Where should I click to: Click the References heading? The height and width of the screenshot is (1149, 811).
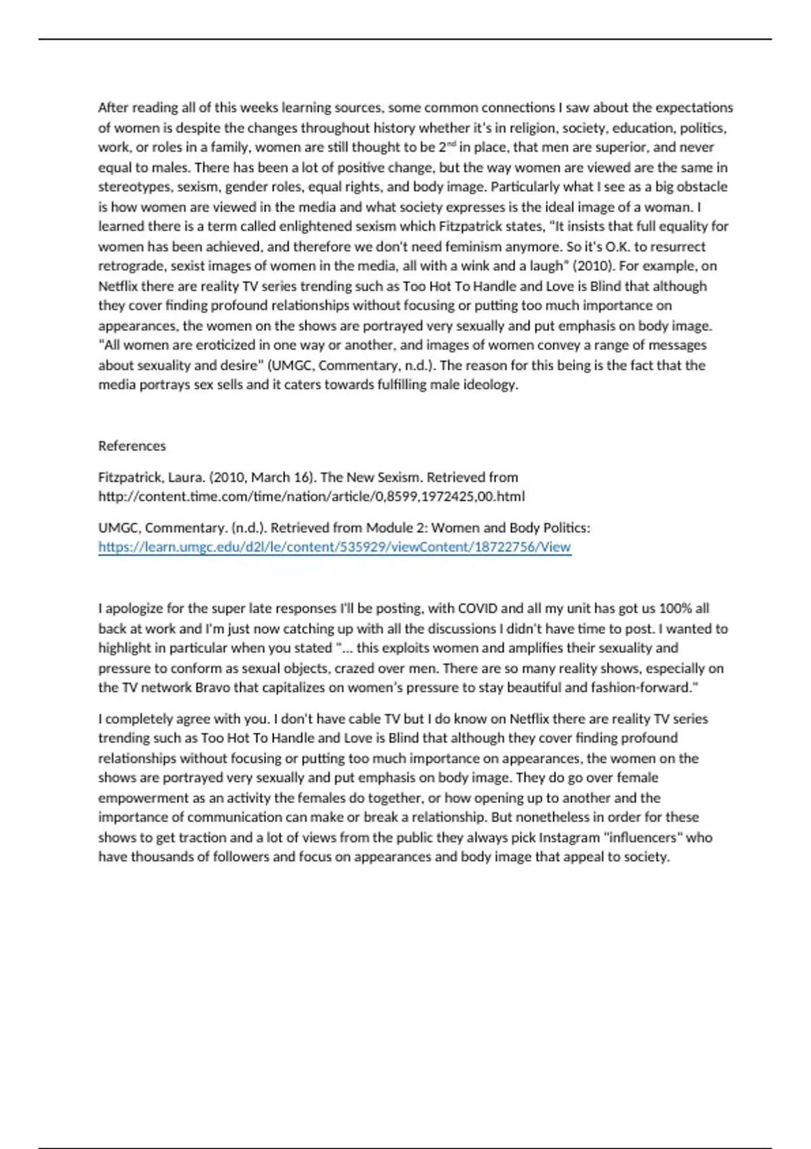coord(132,446)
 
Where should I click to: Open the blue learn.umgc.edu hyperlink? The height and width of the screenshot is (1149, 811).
coord(335,547)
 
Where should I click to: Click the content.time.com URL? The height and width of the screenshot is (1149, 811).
coord(312,497)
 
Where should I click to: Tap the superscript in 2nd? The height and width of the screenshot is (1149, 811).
coord(451,144)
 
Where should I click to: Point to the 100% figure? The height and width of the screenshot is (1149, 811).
coord(675,608)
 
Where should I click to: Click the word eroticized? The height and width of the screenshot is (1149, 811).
coord(228,345)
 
